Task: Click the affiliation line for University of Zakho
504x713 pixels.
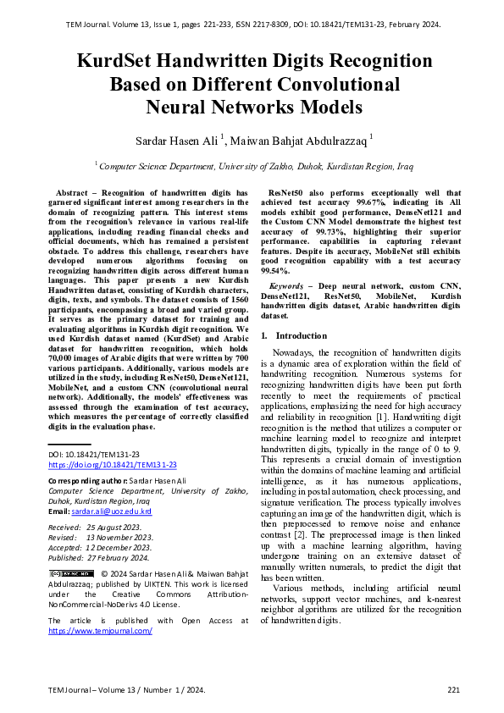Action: click(252, 167)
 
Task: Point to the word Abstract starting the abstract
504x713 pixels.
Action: click(73, 193)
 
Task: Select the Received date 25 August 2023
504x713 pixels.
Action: click(119, 527)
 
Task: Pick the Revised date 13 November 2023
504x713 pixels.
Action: click(119, 537)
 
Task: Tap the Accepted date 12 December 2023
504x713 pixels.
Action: click(119, 547)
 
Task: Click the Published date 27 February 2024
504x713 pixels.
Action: click(119, 557)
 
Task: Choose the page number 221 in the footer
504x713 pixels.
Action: click(454, 689)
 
